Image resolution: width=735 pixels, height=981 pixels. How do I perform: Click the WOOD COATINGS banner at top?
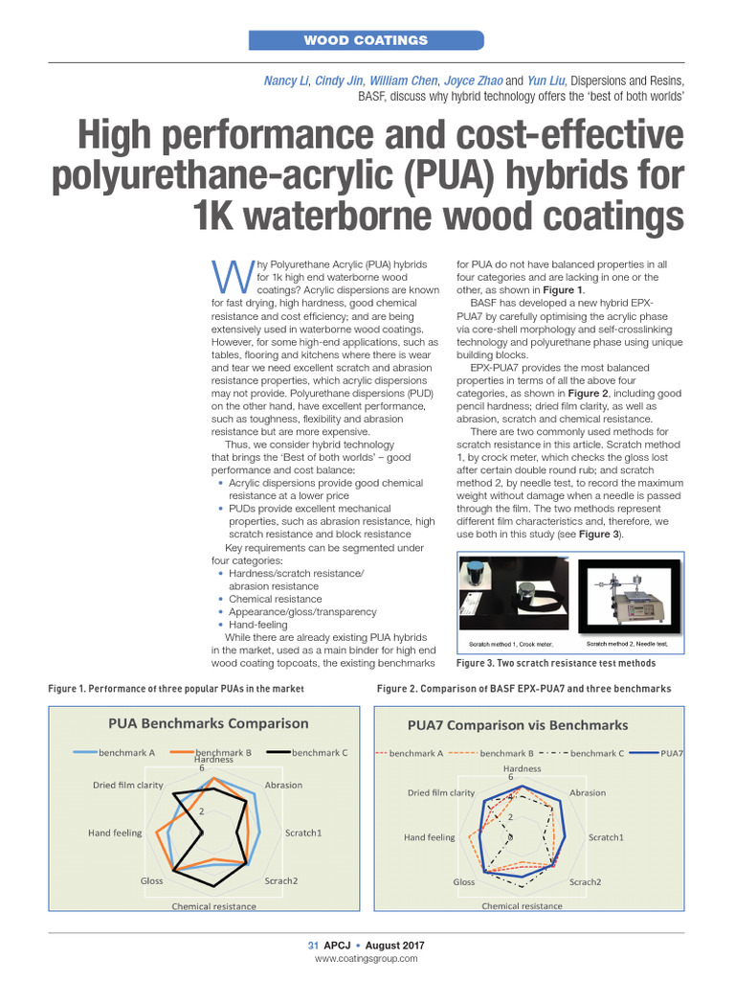(366, 40)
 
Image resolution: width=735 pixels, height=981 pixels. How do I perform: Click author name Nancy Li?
(286, 80)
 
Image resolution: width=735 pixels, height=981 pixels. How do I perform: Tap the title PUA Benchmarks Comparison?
(208, 723)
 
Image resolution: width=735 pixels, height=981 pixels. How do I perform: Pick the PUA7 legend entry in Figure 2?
(671, 753)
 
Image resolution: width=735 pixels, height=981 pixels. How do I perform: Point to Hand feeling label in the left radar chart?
(115, 833)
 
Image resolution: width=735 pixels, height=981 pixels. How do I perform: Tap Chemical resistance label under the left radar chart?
(213, 906)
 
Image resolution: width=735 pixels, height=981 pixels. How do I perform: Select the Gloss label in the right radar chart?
(464, 881)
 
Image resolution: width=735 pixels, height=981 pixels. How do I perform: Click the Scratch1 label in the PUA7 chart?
(606, 837)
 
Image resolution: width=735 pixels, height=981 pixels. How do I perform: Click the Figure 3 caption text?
(556, 663)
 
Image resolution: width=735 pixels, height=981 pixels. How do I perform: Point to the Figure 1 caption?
(175, 689)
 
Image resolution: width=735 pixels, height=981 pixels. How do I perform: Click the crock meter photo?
(514, 596)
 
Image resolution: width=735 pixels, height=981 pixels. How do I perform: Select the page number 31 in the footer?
(312, 946)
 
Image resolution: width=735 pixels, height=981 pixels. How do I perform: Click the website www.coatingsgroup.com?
(367, 959)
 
